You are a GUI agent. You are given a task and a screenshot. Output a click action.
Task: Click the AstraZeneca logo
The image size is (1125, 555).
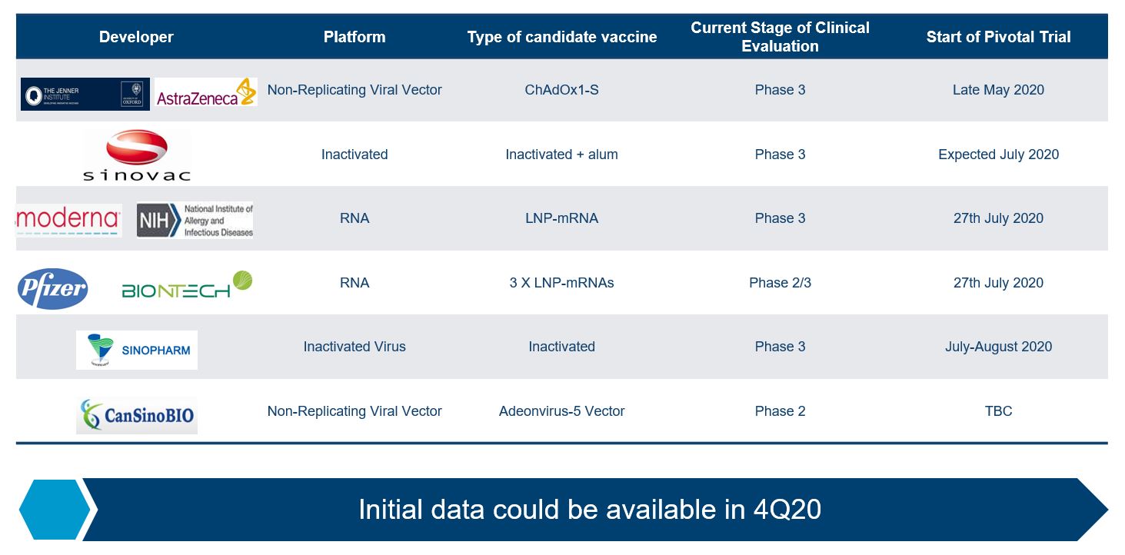tap(206, 92)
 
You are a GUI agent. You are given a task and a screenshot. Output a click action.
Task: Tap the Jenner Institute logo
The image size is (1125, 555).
tap(85, 94)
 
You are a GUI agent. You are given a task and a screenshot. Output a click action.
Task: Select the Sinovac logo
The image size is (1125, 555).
tap(137, 155)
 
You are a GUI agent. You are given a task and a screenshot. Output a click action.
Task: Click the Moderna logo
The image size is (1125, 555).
tap(68, 220)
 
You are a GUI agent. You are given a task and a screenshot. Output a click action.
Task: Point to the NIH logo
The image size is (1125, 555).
tap(195, 221)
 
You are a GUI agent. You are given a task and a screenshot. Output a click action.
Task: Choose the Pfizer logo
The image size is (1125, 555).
tap(53, 289)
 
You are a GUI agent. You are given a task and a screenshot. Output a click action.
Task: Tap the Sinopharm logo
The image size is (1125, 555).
tap(137, 350)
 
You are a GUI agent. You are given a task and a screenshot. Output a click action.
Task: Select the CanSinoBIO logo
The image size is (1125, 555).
tap(137, 415)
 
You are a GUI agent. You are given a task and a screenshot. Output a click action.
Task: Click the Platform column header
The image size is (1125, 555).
tap(354, 37)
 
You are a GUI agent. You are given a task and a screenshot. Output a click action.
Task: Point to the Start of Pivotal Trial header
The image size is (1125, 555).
tap(998, 37)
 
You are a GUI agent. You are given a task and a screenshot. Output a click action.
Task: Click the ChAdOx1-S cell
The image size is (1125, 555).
tap(561, 90)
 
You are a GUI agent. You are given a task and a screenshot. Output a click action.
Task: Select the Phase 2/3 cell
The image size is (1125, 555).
tap(780, 283)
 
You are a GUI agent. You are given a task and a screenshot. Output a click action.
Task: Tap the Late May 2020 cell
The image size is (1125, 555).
tap(998, 90)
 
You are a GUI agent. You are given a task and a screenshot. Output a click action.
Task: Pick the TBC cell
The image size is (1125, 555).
tap(998, 410)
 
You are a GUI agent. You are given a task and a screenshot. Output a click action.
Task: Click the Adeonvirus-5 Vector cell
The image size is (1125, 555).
tap(561, 410)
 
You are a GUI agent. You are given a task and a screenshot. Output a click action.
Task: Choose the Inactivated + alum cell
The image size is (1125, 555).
tap(561, 155)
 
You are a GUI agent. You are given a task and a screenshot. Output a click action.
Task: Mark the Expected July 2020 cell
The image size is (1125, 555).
tap(998, 155)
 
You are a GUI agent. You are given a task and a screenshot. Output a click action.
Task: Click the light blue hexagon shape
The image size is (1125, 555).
tap(55, 510)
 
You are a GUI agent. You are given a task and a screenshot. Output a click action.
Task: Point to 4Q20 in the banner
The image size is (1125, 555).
tap(787, 510)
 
